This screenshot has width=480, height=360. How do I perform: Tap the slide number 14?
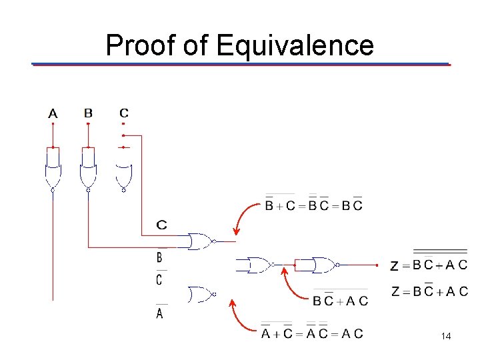tap(446, 337)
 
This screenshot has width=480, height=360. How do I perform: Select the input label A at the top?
tap(53, 114)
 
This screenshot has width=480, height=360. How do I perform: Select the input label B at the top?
tap(88, 113)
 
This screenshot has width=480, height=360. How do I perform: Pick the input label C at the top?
tap(124, 113)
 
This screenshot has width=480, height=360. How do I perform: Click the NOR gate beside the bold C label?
tap(201, 241)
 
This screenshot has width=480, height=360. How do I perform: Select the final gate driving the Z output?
tap(325, 265)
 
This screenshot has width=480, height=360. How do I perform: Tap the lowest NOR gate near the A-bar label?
tap(200, 294)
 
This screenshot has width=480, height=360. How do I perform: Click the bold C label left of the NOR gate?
tap(161, 225)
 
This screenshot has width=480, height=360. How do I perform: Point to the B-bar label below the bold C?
tap(159, 256)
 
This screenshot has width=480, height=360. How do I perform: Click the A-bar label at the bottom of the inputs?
tap(159, 312)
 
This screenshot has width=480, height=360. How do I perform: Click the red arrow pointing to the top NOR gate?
tap(244, 217)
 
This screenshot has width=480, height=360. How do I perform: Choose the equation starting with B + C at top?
tap(314, 205)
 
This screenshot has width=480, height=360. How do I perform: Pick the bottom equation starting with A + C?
tap(312, 333)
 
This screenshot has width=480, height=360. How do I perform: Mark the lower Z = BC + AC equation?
tap(429, 291)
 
